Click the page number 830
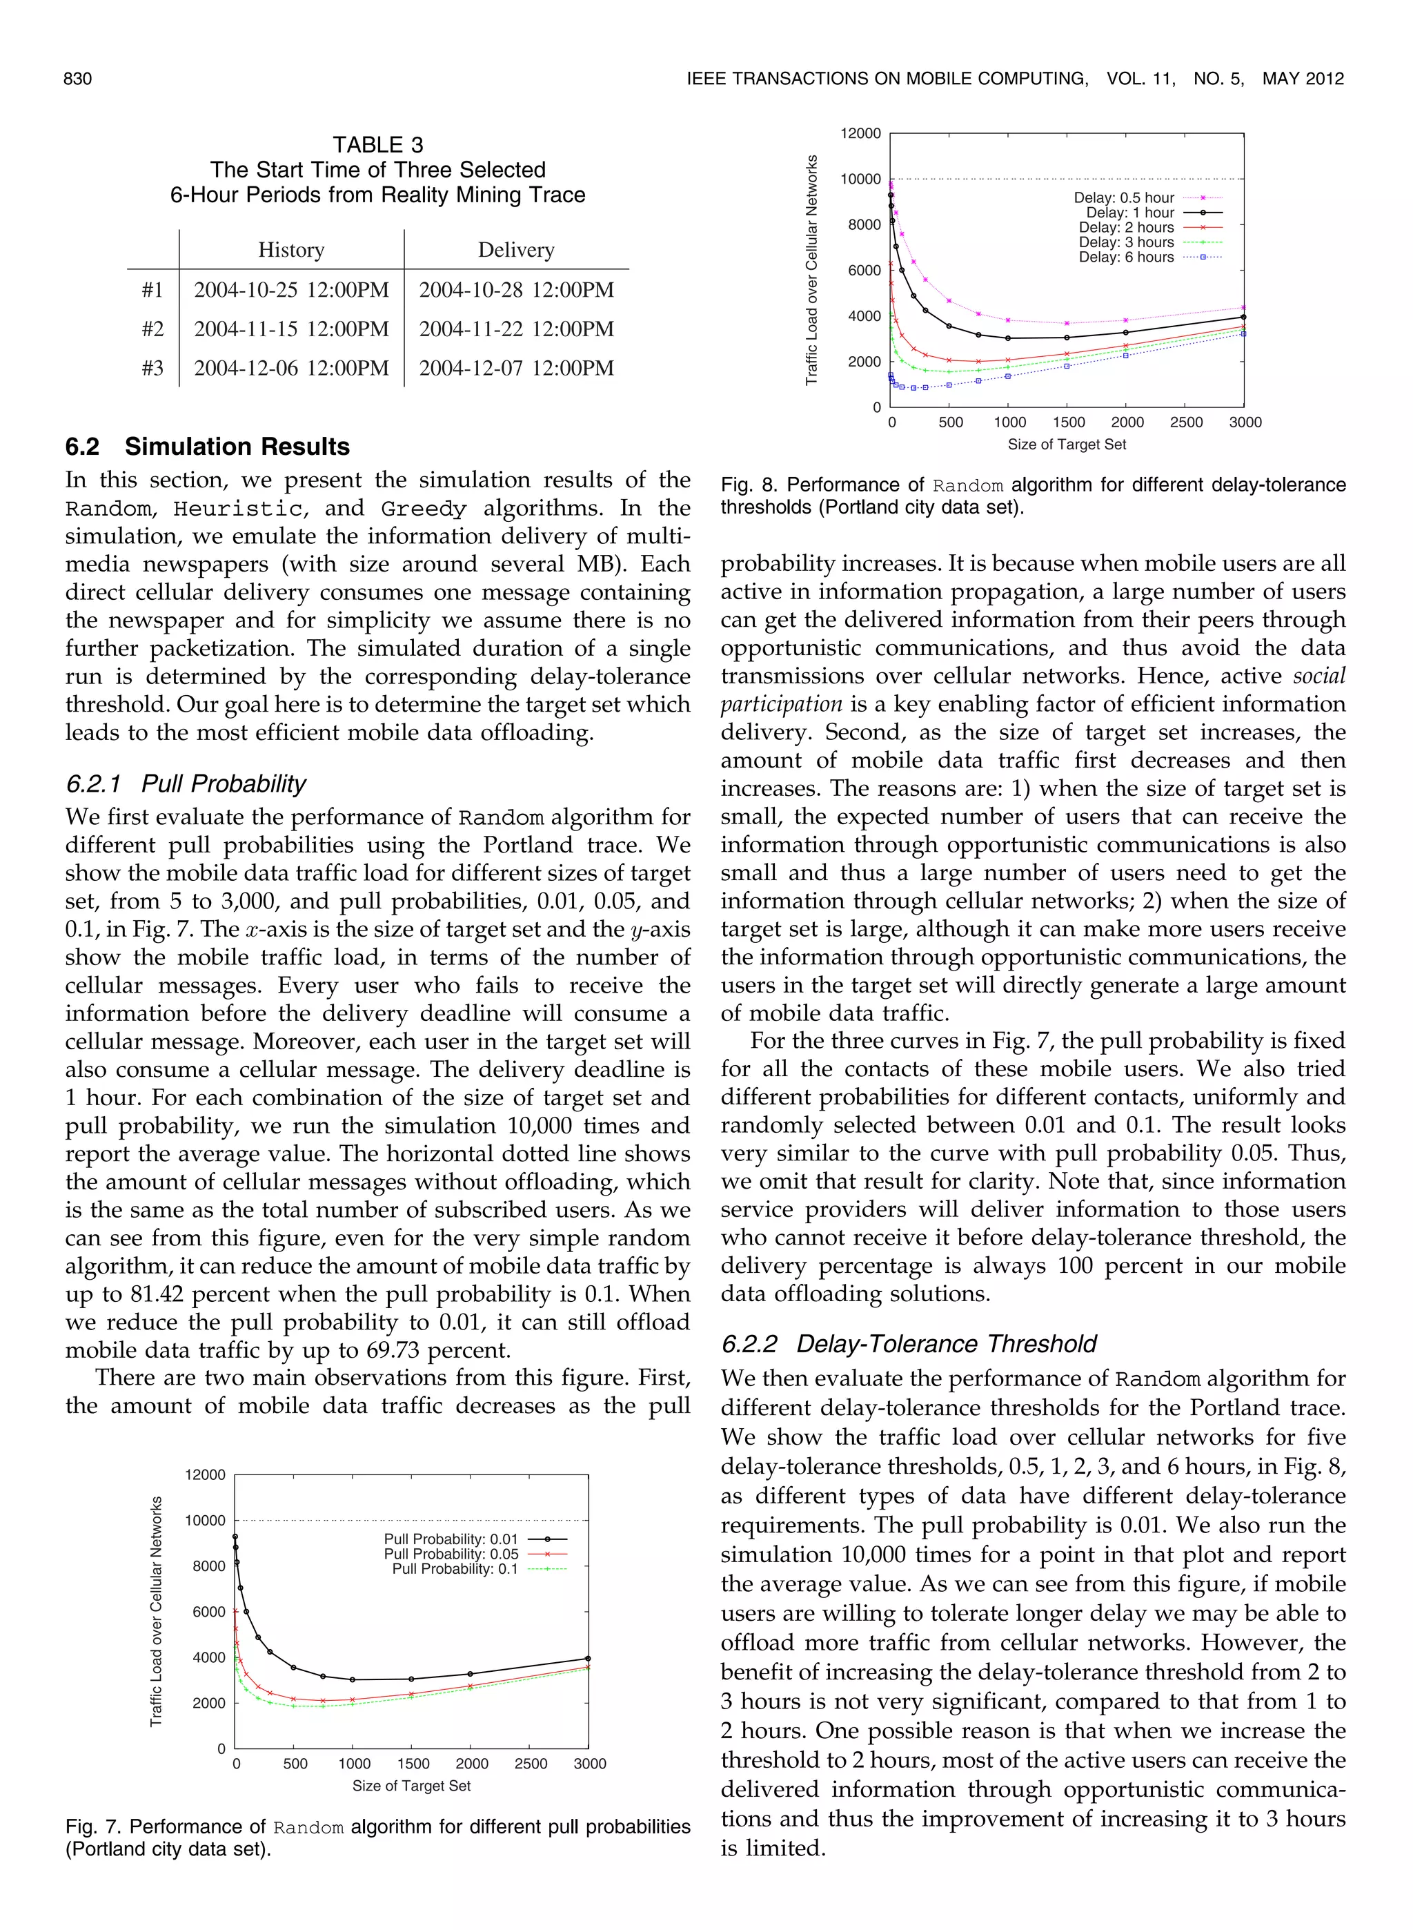pyautogui.click(x=77, y=79)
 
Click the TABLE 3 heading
pyautogui.click(x=377, y=144)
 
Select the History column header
pyautogui.click(x=291, y=250)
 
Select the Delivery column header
pyautogui.click(x=516, y=250)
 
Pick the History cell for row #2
pyautogui.click(x=291, y=329)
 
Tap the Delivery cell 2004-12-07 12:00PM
pyautogui.click(x=516, y=369)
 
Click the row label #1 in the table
pyautogui.click(x=152, y=290)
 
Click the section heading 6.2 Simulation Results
pyautogui.click(x=208, y=447)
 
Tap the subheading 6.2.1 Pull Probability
pyautogui.click(x=186, y=783)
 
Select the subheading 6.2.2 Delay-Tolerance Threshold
pyautogui.click(x=909, y=1344)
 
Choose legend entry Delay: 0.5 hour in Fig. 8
pyautogui.click(x=1124, y=197)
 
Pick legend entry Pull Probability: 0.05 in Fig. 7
pyautogui.click(x=451, y=1554)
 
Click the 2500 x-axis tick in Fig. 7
pyautogui.click(x=531, y=1764)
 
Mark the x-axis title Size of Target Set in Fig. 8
pyautogui.click(x=1067, y=444)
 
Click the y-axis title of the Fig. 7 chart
pyautogui.click(x=157, y=1612)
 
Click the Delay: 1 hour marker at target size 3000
pyautogui.click(x=1243, y=317)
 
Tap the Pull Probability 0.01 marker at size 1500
pyautogui.click(x=411, y=1679)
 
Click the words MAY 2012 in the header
pyautogui.click(x=1303, y=79)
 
